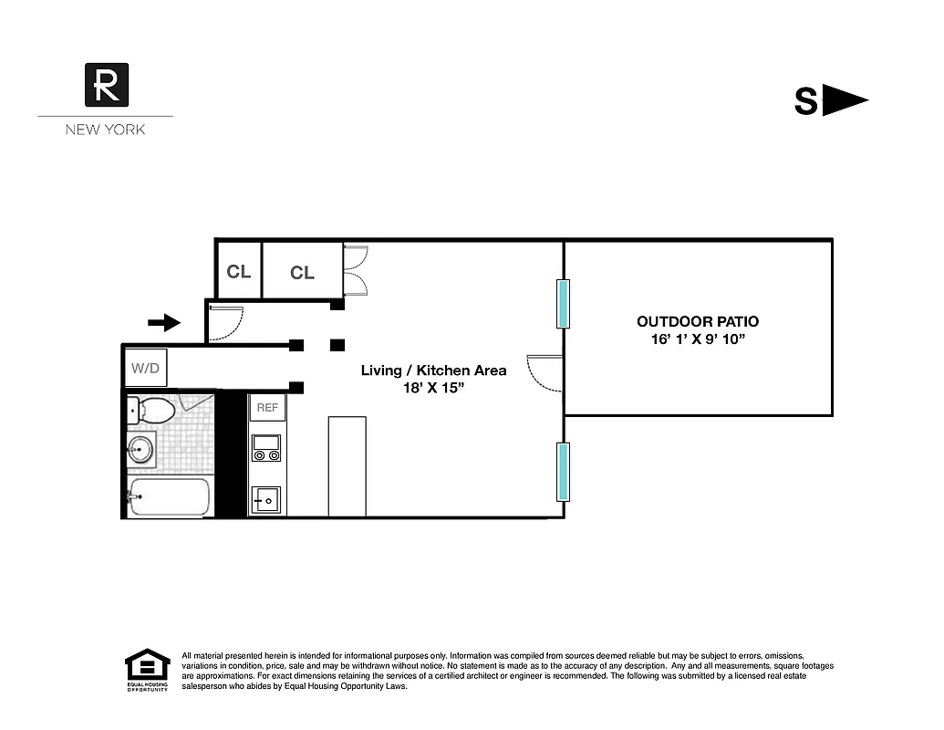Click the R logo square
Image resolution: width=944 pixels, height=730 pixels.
click(x=106, y=85)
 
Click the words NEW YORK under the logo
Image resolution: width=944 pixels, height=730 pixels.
click(x=105, y=130)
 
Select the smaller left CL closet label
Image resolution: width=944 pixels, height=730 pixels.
click(x=239, y=272)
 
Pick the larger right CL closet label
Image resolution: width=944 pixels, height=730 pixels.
click(x=302, y=273)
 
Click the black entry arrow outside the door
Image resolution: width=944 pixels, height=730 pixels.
click(x=164, y=321)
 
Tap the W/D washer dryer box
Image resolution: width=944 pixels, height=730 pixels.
click(x=144, y=369)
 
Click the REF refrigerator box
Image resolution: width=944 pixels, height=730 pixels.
click(x=267, y=408)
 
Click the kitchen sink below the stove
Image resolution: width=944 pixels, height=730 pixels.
click(x=266, y=499)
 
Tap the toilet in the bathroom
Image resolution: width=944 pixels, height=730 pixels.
click(x=150, y=410)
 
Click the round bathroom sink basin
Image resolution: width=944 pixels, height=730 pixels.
click(x=140, y=448)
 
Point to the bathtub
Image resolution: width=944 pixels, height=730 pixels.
click(x=170, y=498)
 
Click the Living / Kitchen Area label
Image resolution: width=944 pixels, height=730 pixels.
click(x=433, y=370)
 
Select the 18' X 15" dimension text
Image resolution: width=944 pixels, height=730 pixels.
click(x=433, y=388)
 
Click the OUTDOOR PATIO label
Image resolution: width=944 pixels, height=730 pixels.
click(x=697, y=321)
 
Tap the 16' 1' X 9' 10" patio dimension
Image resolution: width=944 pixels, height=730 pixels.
click(x=697, y=339)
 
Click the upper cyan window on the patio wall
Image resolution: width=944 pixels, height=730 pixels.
click(x=564, y=303)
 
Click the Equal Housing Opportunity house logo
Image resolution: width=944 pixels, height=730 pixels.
click(x=147, y=668)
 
